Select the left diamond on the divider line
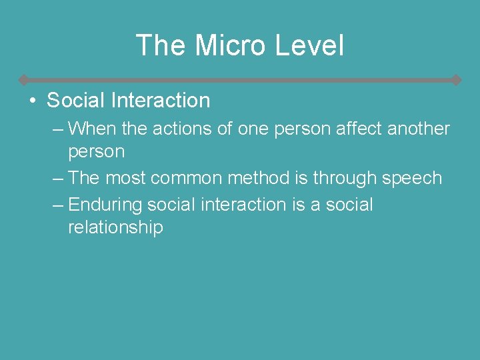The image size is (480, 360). (x=23, y=80)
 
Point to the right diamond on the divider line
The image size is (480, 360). (x=456, y=80)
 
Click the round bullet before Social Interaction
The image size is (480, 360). (x=32, y=101)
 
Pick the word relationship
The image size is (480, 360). (x=115, y=228)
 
